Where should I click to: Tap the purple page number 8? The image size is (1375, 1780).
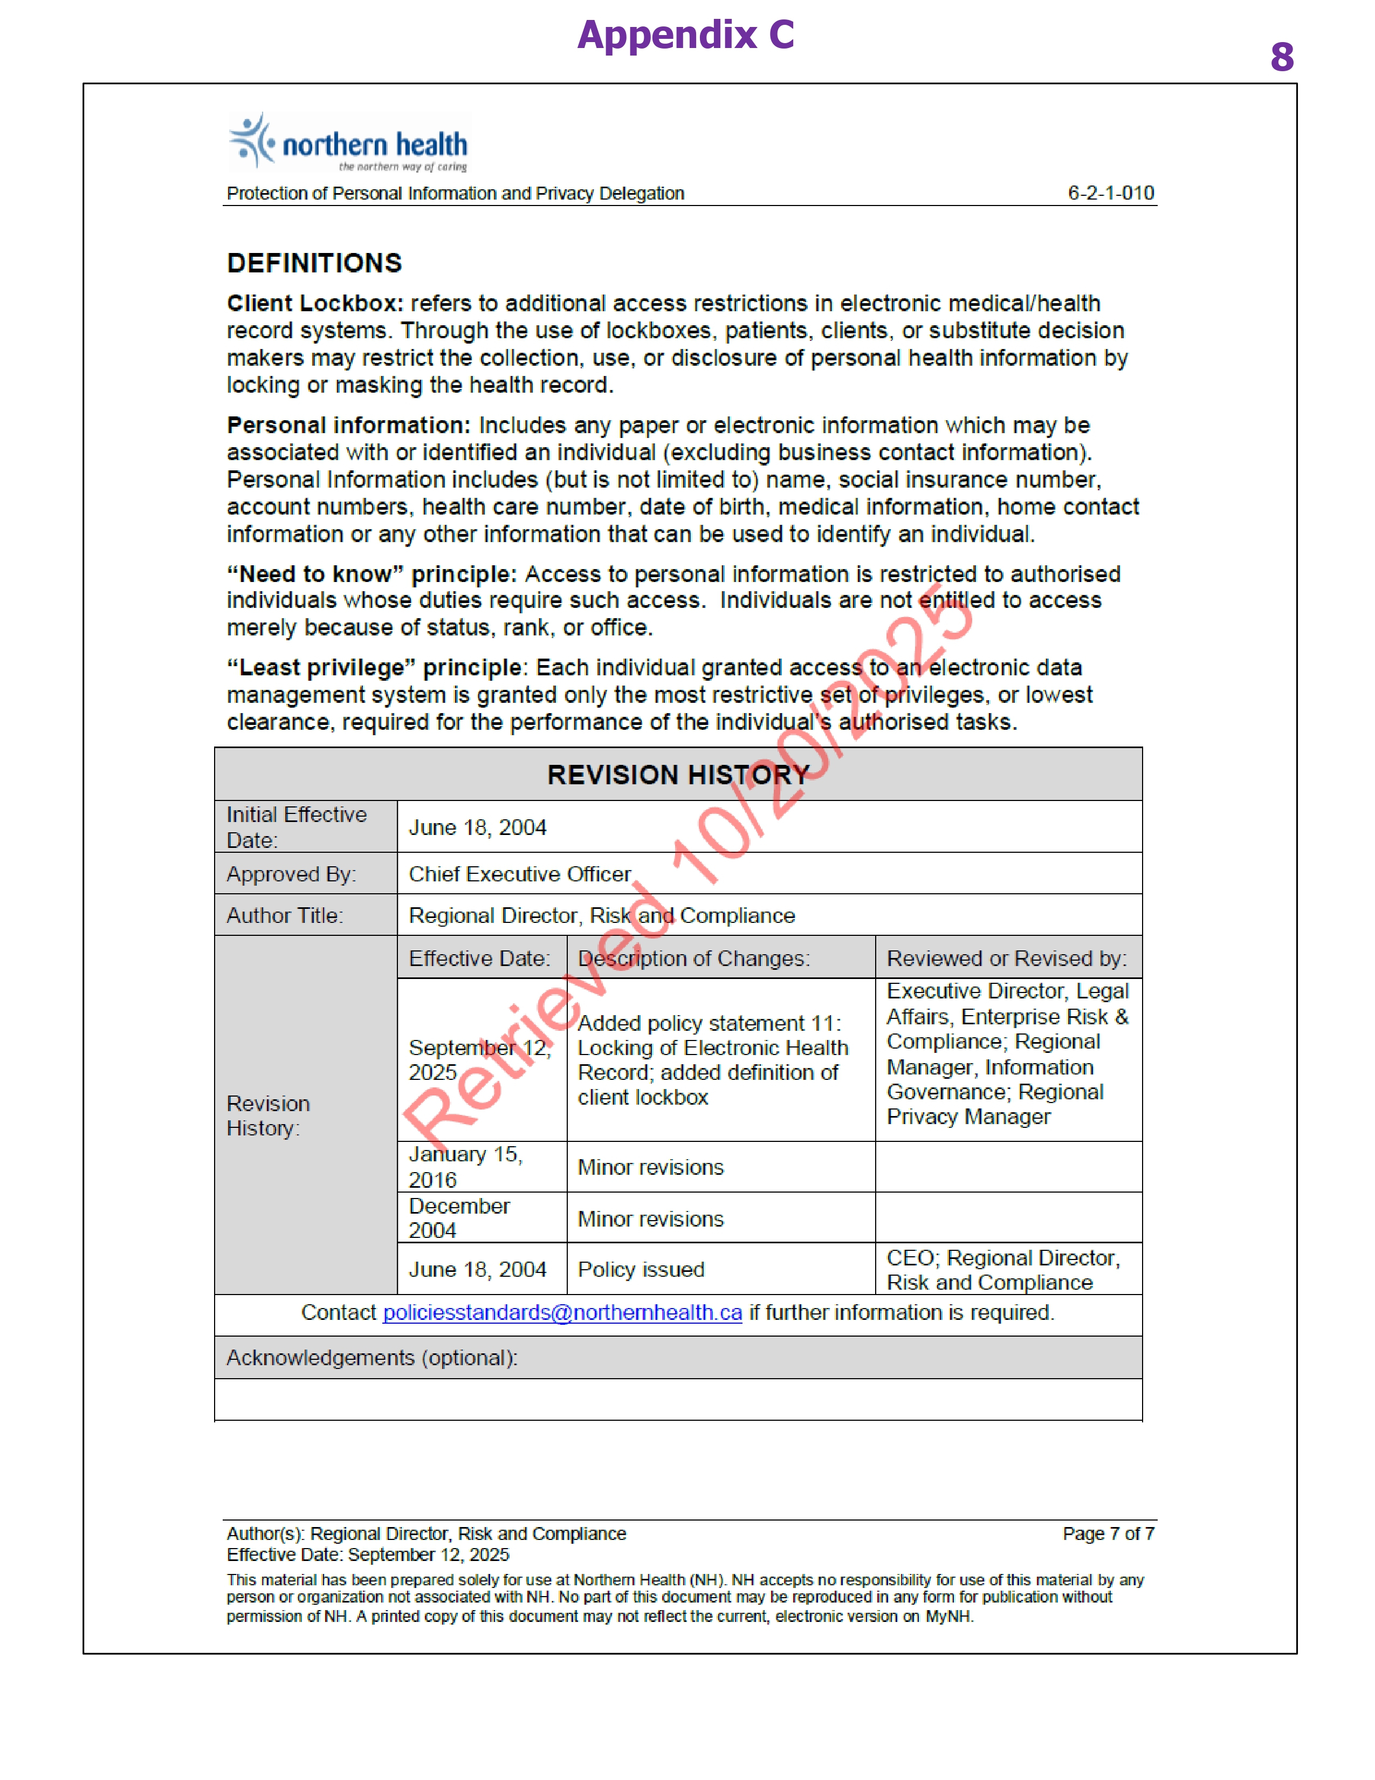[1281, 57]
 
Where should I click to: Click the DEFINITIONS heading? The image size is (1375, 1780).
[314, 263]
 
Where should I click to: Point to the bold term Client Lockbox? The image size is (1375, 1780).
[314, 303]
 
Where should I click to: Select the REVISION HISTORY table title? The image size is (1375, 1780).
[678, 774]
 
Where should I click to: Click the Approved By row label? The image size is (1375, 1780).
[291, 874]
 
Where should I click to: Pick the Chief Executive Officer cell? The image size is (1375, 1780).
[520, 874]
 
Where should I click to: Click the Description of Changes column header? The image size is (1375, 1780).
[693, 959]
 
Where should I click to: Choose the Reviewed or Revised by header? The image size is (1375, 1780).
[1007, 959]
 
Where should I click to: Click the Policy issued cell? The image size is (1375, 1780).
[641, 1269]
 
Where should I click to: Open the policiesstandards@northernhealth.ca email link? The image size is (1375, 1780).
[562, 1313]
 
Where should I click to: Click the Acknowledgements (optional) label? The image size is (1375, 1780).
[372, 1358]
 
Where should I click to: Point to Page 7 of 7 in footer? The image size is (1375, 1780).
[1108, 1534]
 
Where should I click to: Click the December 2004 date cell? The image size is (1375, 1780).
[459, 1217]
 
